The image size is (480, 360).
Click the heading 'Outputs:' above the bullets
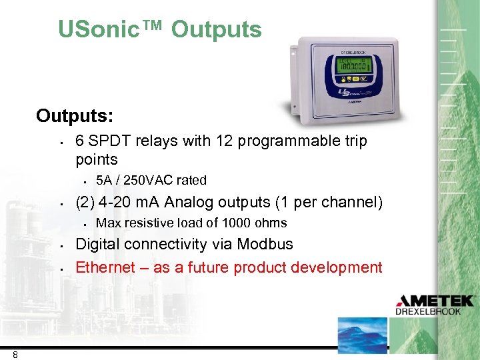(74, 116)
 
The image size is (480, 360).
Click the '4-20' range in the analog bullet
(114, 202)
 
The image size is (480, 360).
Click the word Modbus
(265, 245)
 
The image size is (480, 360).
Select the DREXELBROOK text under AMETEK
(437, 311)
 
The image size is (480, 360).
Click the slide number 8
(15, 355)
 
